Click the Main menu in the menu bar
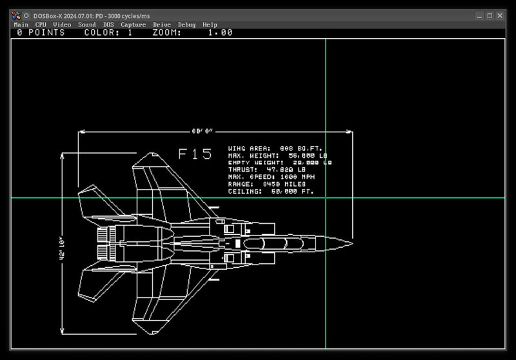click(21, 25)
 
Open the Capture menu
click(134, 25)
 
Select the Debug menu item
click(186, 25)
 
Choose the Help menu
click(210, 25)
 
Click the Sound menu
click(86, 25)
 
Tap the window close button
click(500, 15)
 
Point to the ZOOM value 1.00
click(220, 32)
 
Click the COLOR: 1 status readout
click(108, 32)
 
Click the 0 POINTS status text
click(40, 32)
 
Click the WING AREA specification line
click(275, 148)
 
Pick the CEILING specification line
click(271, 191)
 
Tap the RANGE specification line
click(266, 184)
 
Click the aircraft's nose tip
click(352, 243)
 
